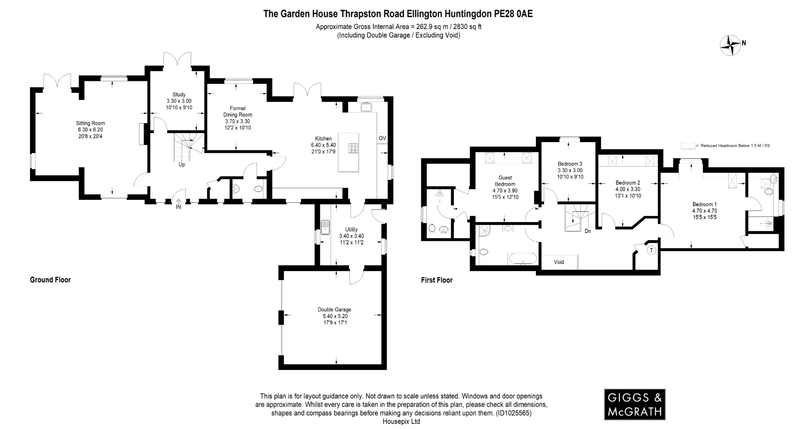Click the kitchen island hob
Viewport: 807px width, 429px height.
click(353, 148)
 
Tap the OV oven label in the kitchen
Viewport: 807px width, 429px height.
click(382, 138)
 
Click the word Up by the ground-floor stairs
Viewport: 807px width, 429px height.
click(182, 165)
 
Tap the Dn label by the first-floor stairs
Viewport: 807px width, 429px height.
click(588, 231)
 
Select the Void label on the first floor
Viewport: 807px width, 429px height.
click(559, 262)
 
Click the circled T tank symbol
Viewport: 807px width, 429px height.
click(651, 250)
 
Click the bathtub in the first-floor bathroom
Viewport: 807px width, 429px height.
click(523, 259)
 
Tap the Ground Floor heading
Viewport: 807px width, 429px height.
click(50, 280)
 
